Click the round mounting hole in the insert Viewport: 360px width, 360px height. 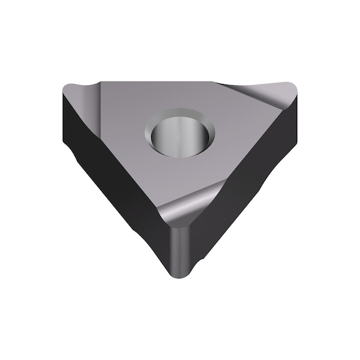pos(178,134)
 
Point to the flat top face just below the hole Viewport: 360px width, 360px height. pos(180,174)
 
